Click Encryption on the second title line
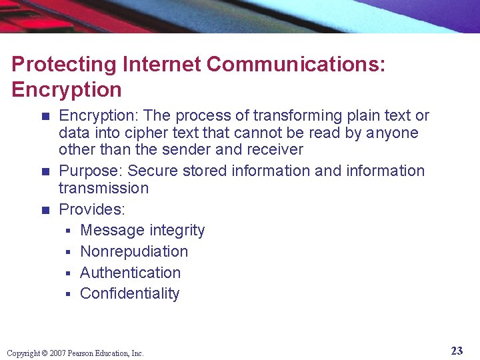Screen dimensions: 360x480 point(67,89)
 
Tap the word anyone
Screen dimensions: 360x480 point(392,133)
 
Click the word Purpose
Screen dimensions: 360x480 point(90,171)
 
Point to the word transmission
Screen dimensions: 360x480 point(103,188)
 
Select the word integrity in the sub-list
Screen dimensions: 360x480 point(177,231)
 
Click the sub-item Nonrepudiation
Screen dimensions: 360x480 point(134,251)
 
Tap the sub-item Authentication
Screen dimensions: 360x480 point(130,273)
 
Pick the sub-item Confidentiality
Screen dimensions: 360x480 point(129,293)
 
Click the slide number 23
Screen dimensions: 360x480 point(457,351)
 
